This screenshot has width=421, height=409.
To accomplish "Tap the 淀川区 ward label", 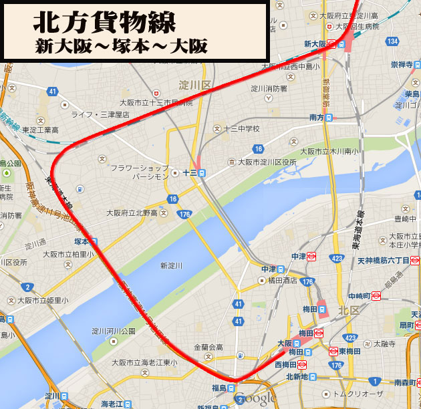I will point(195,85).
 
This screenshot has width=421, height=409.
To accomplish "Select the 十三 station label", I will point(189,172).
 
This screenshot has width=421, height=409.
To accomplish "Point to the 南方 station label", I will point(317,118).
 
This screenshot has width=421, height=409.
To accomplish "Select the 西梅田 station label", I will point(286,365).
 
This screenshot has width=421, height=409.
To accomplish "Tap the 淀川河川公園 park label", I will point(114,331).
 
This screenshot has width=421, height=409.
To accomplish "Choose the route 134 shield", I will point(392,41).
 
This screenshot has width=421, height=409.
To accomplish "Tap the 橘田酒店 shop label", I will point(283,281).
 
